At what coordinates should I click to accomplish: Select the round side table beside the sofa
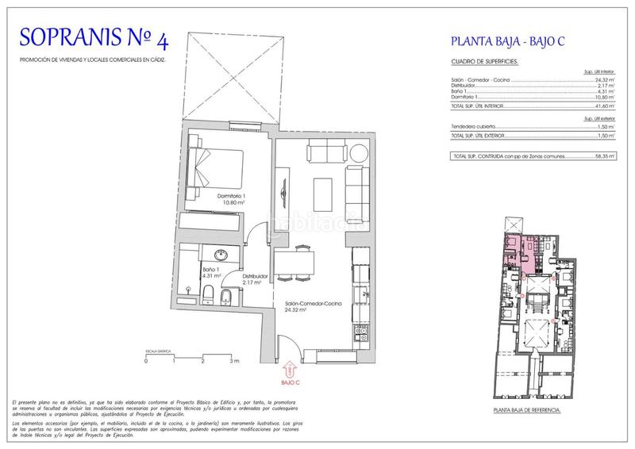point(357,152)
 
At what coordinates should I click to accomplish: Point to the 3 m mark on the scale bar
point(233,360)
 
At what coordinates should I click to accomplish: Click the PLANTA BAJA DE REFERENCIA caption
point(526,410)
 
